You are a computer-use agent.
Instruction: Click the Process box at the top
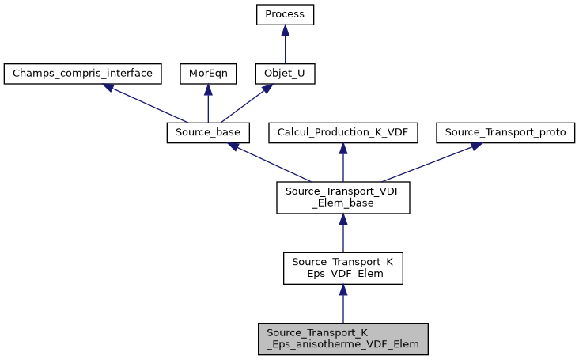[285, 14]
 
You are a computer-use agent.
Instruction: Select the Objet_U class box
[285, 74]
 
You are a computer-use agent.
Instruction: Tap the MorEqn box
[207, 74]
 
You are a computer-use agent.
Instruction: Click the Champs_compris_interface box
[83, 74]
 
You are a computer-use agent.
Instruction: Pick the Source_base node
[208, 133]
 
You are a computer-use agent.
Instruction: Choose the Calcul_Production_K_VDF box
[342, 133]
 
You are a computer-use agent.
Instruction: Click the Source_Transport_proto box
[505, 133]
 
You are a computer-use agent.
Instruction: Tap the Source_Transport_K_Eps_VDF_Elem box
[342, 268]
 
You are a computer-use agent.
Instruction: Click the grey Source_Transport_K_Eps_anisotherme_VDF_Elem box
[342, 339]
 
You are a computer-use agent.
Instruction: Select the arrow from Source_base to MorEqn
[207, 104]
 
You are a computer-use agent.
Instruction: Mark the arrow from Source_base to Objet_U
[246, 104]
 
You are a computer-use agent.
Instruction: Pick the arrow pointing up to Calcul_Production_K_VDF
[342, 162]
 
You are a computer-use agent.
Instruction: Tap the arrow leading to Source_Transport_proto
[427, 162]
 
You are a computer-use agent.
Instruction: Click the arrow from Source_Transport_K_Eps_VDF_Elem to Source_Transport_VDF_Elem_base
[342, 233]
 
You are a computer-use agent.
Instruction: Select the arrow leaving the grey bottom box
[342, 304]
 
